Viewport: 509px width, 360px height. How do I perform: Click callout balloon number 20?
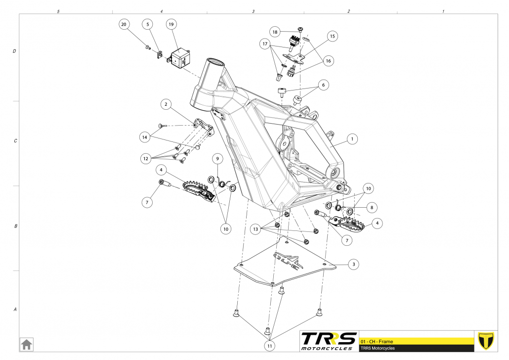tap(124, 24)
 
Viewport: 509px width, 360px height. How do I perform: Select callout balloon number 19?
tap(171, 24)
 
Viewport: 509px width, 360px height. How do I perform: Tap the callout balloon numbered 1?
tap(352, 139)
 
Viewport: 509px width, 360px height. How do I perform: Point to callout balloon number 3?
tap(354, 265)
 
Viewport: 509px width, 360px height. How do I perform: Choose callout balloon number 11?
tap(269, 346)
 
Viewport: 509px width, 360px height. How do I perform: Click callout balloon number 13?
tap(255, 229)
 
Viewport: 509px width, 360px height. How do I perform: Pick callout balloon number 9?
tap(219, 159)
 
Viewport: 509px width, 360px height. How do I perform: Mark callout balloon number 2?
tap(167, 104)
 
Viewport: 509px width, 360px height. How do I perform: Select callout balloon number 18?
tap(275, 31)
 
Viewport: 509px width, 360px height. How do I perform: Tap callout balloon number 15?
tap(332, 36)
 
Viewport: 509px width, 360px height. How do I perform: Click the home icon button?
tap(26, 344)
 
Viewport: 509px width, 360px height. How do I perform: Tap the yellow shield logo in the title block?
tap(486, 341)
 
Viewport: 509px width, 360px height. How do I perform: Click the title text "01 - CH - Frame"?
tap(377, 341)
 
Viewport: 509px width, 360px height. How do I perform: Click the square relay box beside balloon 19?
tap(181, 57)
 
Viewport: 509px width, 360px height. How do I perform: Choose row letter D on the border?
tap(15, 51)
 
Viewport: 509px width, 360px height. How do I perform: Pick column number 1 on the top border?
tap(443, 11)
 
